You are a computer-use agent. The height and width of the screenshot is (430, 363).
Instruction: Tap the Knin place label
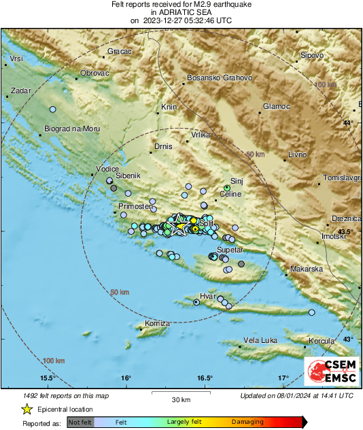(168, 107)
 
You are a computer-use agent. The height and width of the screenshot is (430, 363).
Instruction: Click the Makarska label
(307, 269)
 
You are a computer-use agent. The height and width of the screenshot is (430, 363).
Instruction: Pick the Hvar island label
(207, 297)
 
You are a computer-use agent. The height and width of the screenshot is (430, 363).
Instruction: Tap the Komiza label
(157, 322)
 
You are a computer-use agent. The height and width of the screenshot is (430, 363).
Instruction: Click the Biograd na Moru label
(71, 129)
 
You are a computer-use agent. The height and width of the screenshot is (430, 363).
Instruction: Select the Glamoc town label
(277, 107)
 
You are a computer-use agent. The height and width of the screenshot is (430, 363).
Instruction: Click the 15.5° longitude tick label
(47, 378)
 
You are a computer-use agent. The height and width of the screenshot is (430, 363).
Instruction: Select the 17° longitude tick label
(283, 378)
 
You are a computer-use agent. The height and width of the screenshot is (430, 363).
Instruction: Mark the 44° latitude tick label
(348, 122)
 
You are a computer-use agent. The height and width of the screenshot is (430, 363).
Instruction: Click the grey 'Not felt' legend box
(80, 422)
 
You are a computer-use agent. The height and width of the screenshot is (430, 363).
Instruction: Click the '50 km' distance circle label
(120, 292)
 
